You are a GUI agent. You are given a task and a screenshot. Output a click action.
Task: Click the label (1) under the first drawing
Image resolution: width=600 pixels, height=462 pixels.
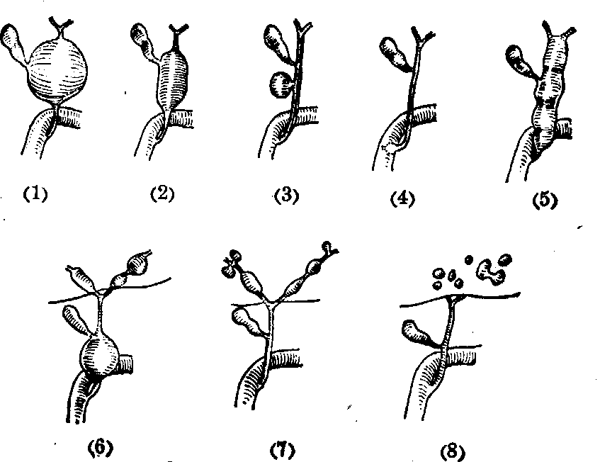pyautogui.click(x=35, y=194)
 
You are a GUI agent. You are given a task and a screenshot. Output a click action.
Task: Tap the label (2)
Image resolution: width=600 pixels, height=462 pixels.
pyautogui.click(x=162, y=193)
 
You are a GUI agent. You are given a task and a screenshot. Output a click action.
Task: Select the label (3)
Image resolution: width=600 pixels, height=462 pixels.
pyautogui.click(x=287, y=196)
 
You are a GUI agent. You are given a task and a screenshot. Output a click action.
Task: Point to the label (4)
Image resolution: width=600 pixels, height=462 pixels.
pyautogui.click(x=402, y=198)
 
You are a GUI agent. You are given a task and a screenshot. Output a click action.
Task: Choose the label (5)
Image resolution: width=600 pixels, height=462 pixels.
pyautogui.click(x=545, y=201)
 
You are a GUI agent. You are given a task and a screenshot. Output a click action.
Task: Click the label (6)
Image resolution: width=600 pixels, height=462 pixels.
pyautogui.click(x=101, y=448)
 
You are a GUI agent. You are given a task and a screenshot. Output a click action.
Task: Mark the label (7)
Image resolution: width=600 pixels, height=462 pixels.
pyautogui.click(x=283, y=450)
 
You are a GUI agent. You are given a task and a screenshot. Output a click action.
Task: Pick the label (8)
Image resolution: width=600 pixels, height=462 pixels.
pyautogui.click(x=453, y=451)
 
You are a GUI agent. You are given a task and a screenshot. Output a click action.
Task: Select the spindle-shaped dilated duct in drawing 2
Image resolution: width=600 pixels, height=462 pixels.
pyautogui.click(x=173, y=79)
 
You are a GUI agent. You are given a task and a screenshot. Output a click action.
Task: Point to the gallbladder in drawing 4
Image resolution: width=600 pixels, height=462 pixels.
pyautogui.click(x=397, y=54)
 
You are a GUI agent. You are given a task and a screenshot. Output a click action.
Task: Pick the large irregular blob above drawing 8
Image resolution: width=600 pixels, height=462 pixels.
pyautogui.click(x=489, y=271)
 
